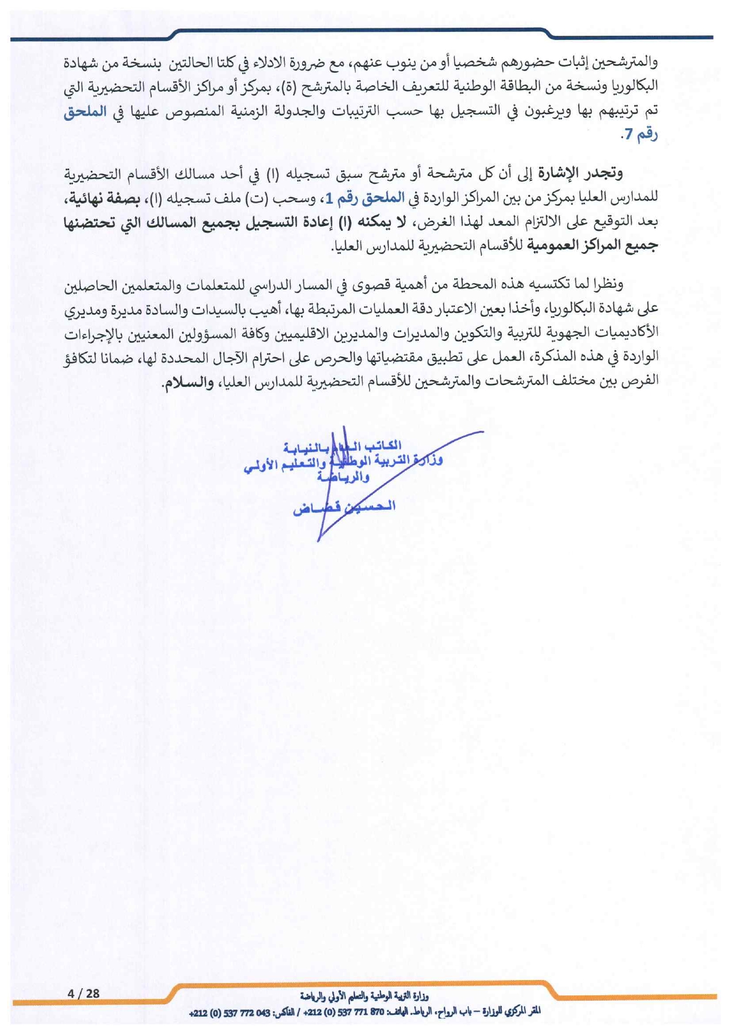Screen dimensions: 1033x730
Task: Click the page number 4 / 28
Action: point(84,993)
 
